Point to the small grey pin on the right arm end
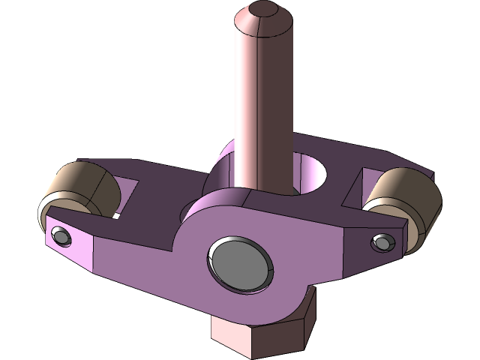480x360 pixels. point(383,242)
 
